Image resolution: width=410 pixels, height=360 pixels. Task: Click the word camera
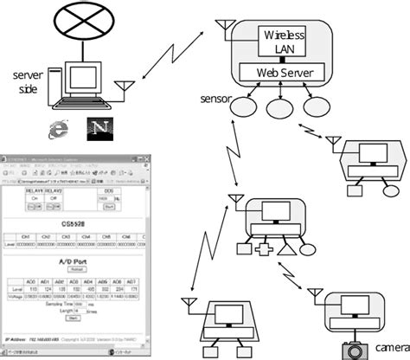pos(392,348)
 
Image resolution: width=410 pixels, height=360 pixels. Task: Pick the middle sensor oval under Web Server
pos(279,109)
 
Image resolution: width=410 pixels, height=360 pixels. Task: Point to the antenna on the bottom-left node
pos(188,304)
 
